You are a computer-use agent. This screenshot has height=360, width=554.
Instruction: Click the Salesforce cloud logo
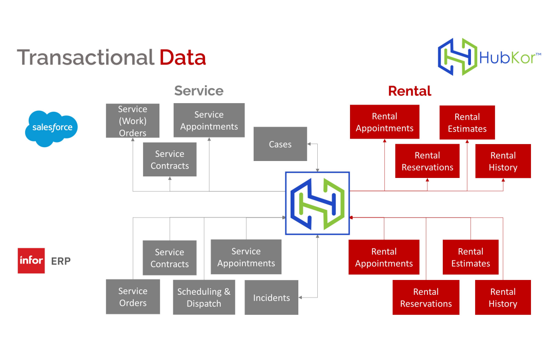[51, 128]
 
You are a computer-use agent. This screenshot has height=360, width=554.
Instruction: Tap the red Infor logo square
[31, 261]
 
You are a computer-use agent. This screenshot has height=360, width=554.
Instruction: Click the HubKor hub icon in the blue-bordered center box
[317, 203]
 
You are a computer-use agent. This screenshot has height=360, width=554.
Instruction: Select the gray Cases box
[280, 144]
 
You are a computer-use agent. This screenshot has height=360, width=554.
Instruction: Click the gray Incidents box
[271, 297]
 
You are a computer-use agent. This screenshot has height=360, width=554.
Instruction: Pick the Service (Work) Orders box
[133, 121]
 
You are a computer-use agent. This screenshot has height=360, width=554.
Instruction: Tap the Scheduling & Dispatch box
[204, 297]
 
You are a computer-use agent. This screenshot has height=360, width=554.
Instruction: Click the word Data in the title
[182, 57]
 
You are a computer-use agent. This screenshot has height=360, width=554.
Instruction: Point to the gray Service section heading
[199, 91]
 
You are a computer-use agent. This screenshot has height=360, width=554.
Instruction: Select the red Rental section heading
[409, 91]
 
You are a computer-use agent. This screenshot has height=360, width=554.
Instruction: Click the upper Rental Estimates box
[467, 123]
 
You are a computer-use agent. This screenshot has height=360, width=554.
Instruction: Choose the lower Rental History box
[503, 297]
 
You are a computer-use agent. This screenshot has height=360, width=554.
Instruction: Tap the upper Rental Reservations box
[427, 161]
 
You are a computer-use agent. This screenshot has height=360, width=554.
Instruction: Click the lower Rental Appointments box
[384, 257]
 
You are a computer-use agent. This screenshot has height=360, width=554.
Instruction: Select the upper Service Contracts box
[170, 159]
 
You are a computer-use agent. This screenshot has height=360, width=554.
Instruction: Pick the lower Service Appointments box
[246, 257]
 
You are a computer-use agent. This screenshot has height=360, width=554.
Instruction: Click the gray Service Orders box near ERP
[133, 297]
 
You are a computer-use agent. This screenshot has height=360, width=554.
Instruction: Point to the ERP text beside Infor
[60, 261]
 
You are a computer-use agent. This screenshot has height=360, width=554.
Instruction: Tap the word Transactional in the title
[86, 57]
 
